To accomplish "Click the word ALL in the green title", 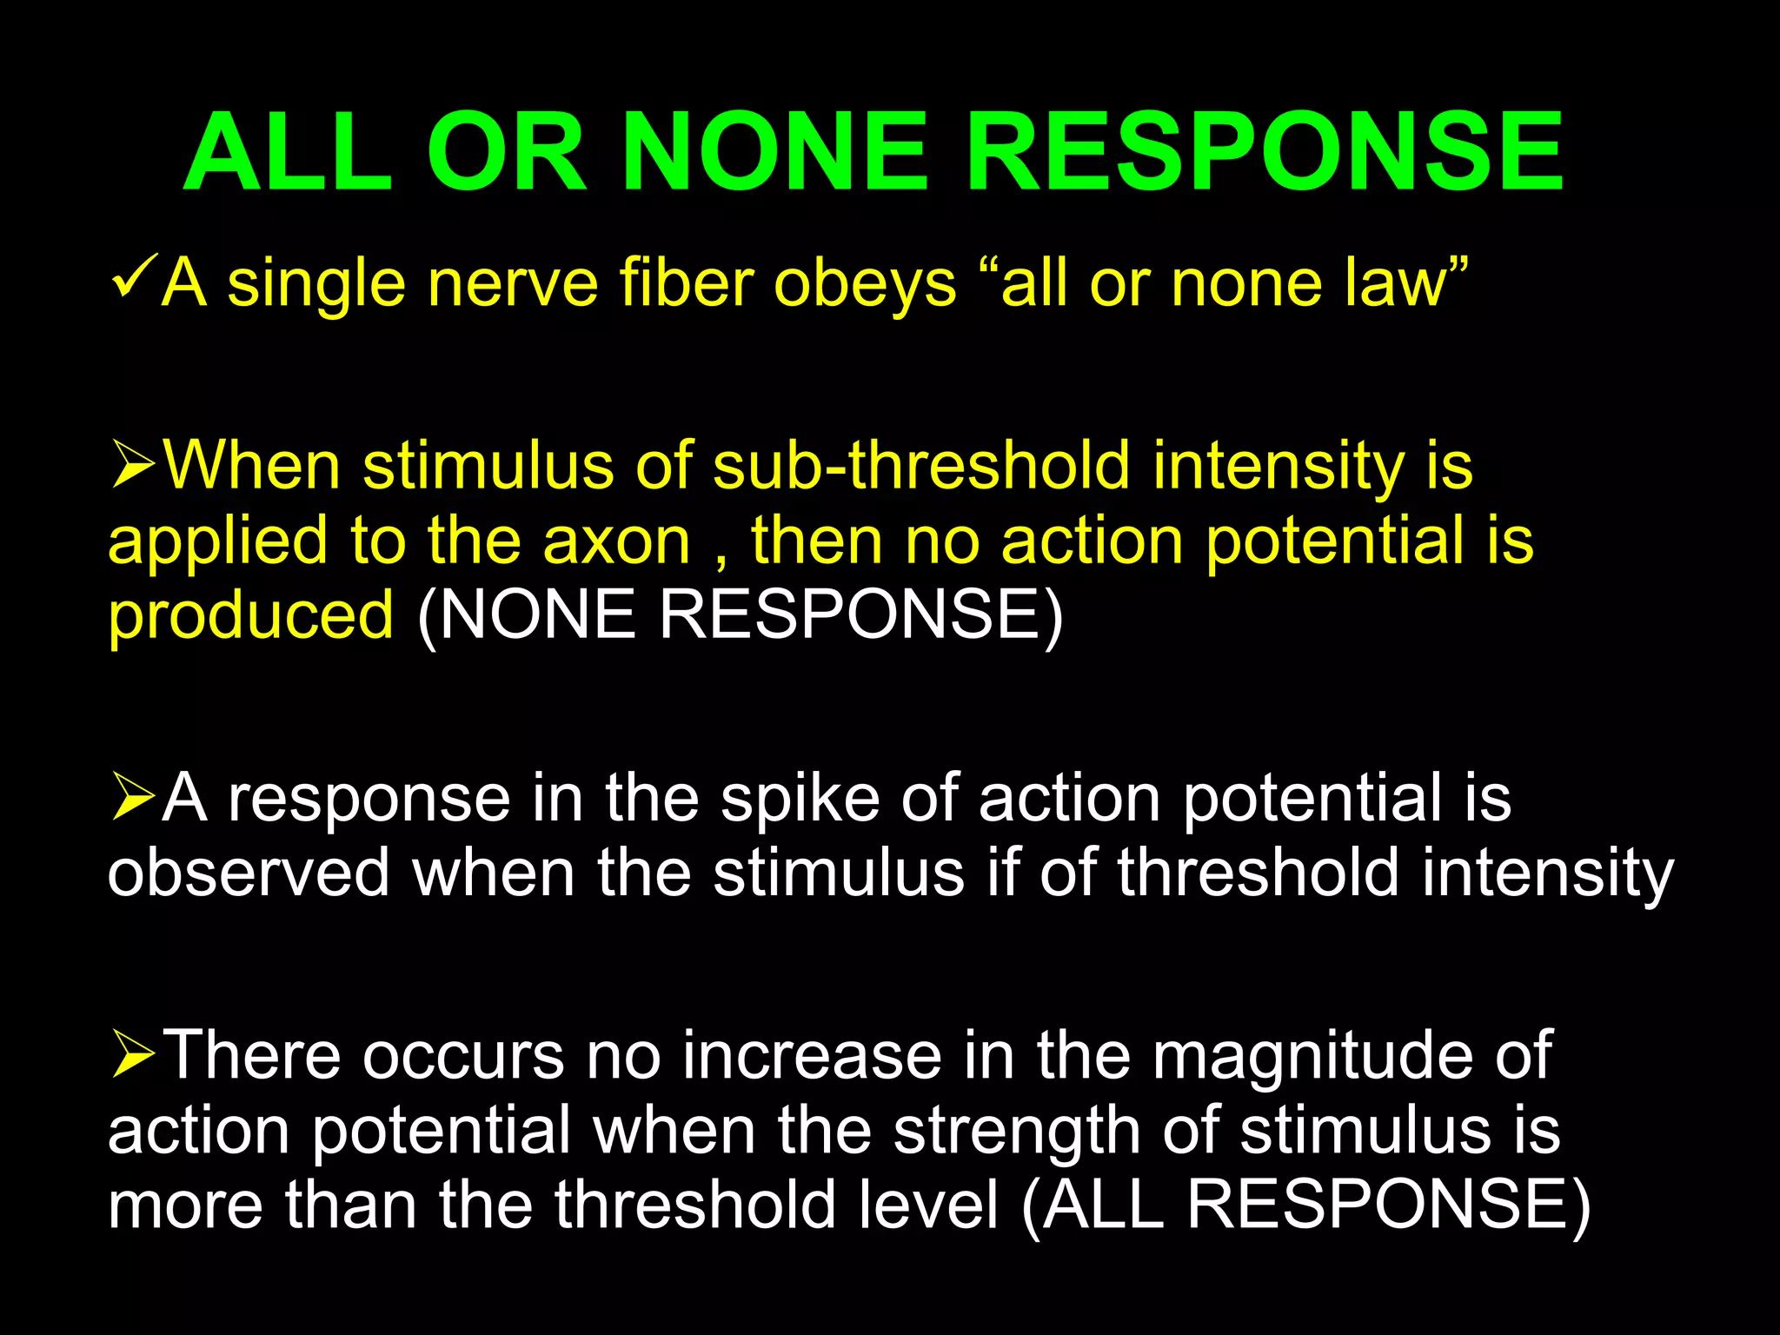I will [x=288, y=152].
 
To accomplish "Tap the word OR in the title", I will [x=507, y=152].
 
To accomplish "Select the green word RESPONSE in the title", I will [x=1265, y=152].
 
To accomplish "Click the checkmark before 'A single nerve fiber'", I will [x=135, y=276].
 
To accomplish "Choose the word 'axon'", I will [x=616, y=541].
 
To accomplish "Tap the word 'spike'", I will [x=800, y=798].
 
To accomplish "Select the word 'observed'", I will [x=249, y=873].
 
